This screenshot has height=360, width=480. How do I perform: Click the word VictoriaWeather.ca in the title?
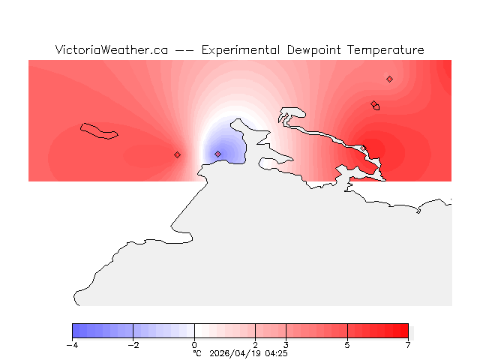click(x=111, y=50)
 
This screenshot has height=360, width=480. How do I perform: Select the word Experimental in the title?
click(x=241, y=50)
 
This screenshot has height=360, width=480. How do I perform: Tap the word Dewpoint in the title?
click(x=314, y=50)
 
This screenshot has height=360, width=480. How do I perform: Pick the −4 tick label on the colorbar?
click(x=72, y=345)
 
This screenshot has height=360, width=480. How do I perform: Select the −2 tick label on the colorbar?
click(x=133, y=345)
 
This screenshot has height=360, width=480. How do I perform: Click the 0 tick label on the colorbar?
click(x=194, y=345)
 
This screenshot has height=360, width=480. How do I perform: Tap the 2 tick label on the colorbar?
click(x=256, y=345)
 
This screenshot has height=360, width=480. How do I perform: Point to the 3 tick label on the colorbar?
click(x=286, y=345)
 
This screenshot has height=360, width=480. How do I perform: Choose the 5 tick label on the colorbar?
click(x=347, y=345)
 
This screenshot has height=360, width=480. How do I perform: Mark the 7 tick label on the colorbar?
click(x=408, y=345)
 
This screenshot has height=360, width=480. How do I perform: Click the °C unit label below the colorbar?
click(x=197, y=352)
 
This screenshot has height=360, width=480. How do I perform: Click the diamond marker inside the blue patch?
click(x=217, y=154)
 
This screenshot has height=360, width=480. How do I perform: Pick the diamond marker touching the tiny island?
click(x=373, y=104)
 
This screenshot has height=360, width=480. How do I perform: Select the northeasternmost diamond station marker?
click(x=389, y=79)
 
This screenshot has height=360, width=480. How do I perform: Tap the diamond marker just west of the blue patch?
click(x=177, y=154)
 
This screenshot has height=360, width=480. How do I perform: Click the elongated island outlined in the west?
click(x=100, y=131)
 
